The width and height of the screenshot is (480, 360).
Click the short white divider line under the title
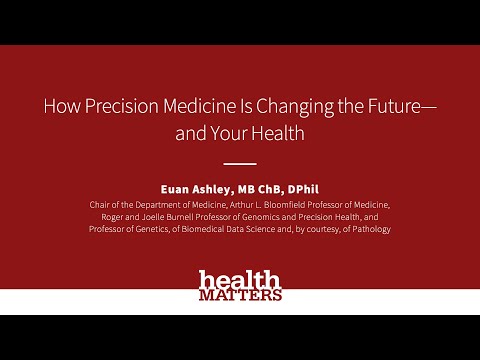click(239, 163)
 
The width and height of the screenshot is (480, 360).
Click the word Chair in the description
click(101, 204)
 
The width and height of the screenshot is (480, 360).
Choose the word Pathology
click(367, 230)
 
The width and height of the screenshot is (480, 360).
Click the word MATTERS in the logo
click(240, 295)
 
